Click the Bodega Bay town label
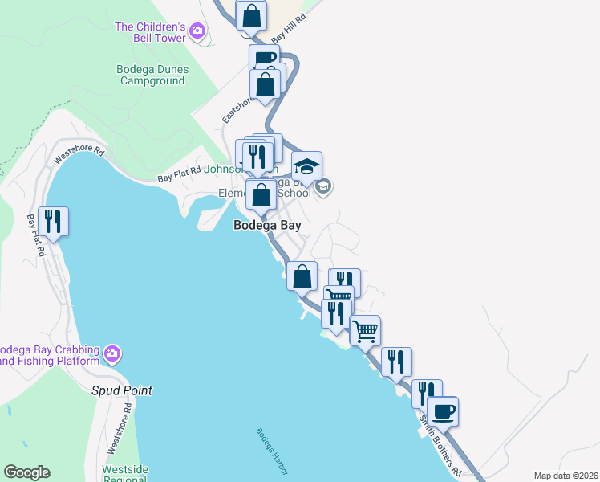(x=266, y=226)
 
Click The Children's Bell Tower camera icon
(x=197, y=32)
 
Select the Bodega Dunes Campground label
(x=152, y=75)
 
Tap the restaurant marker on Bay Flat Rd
(x=53, y=221)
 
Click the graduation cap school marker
(x=306, y=166)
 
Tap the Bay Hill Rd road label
(x=289, y=29)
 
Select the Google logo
(x=26, y=472)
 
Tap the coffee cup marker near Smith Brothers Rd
(x=442, y=411)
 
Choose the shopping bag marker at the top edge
(x=251, y=15)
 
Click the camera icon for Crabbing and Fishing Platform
(x=112, y=353)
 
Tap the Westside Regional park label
(x=124, y=473)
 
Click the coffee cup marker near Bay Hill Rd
(x=264, y=57)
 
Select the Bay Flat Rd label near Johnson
(x=178, y=176)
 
